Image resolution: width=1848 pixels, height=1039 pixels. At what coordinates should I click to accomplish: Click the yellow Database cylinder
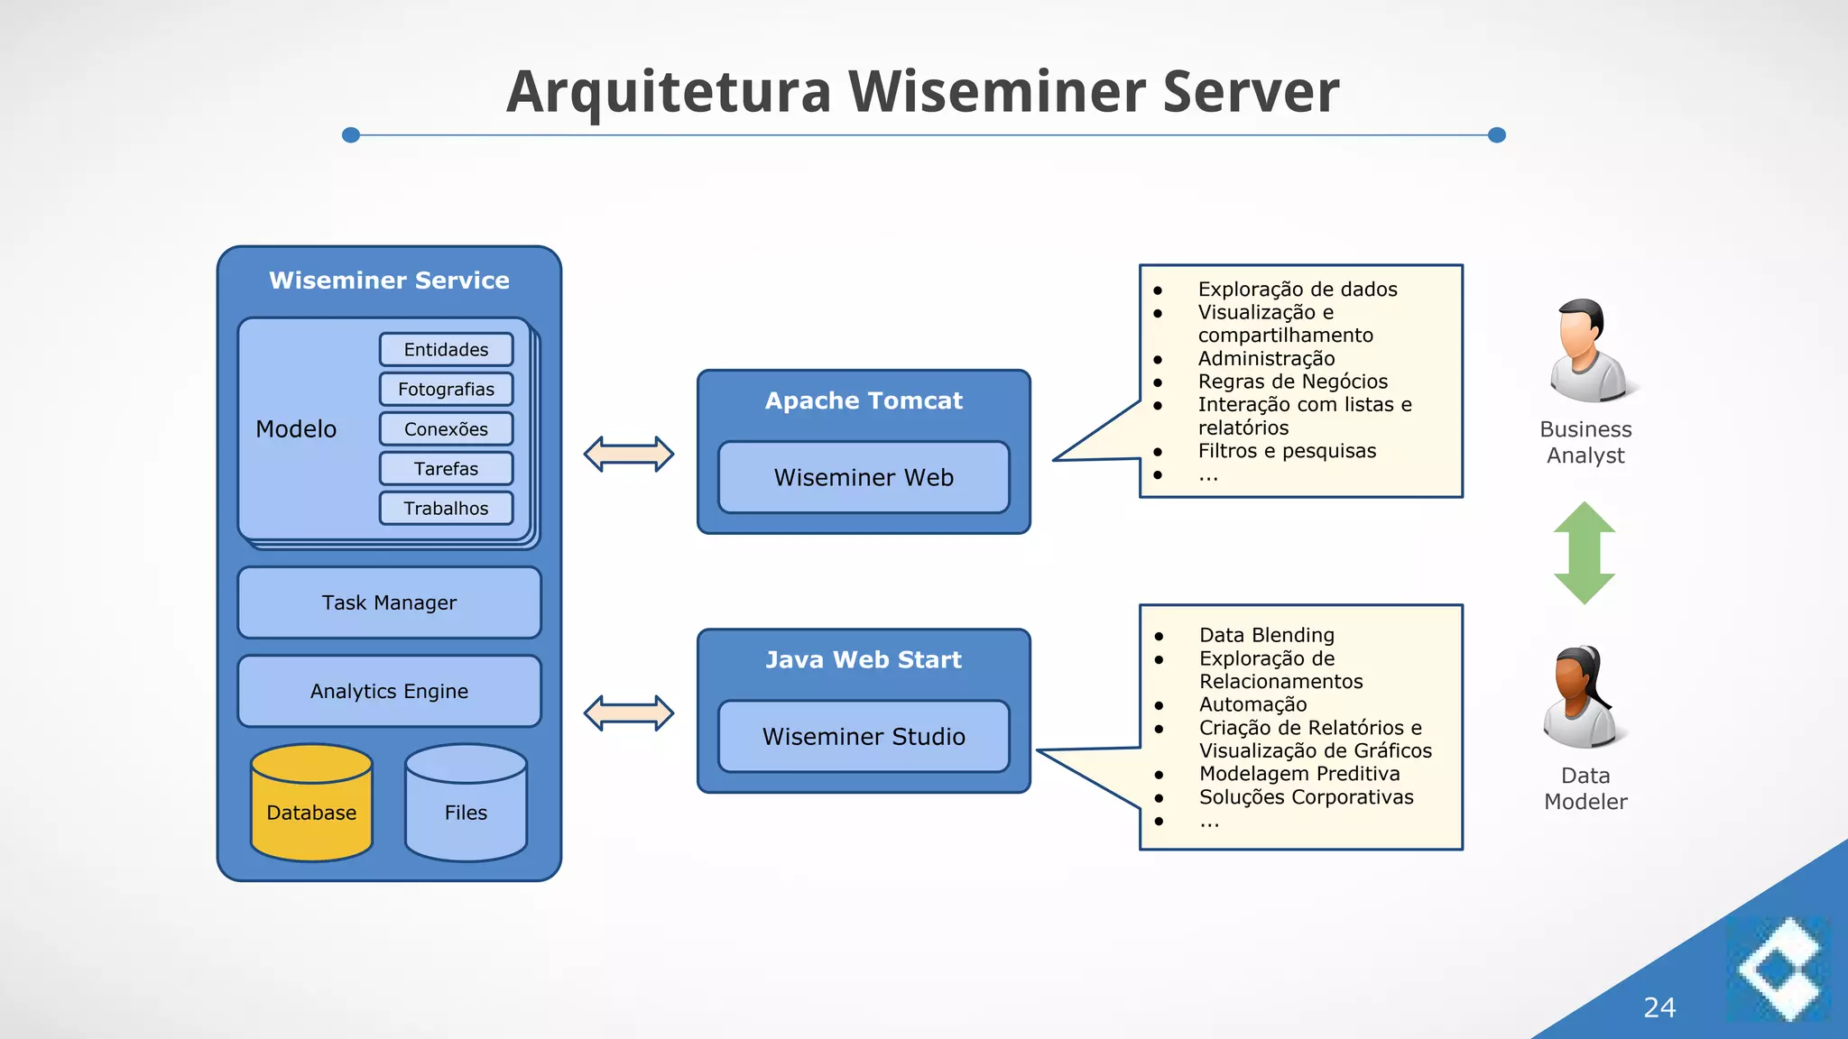click(311, 805)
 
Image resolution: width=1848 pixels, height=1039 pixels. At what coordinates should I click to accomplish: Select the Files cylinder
click(466, 805)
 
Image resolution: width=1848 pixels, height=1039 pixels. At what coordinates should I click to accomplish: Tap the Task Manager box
click(389, 602)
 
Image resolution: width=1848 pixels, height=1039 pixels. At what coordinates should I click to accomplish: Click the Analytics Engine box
click(389, 691)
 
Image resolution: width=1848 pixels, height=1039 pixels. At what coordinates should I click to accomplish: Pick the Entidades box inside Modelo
click(446, 349)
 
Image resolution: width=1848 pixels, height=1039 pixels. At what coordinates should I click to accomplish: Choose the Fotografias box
click(446, 389)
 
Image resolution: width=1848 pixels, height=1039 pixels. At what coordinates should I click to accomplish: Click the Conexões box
click(446, 428)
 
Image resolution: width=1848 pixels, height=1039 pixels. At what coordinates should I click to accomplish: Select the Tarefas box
click(446, 468)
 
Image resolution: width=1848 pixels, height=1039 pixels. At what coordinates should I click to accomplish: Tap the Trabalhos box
click(446, 508)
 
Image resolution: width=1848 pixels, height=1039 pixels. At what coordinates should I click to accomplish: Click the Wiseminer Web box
click(864, 477)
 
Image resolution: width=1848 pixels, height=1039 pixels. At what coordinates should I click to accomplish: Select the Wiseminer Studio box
click(864, 736)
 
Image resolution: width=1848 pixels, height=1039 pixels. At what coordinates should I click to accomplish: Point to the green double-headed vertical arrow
click(1585, 553)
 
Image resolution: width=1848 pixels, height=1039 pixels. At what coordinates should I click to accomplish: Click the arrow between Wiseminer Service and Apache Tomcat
click(629, 454)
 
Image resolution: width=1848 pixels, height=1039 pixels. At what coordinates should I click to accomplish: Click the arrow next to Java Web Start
click(629, 713)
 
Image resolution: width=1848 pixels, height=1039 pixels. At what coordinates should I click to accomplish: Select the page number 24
click(1659, 1007)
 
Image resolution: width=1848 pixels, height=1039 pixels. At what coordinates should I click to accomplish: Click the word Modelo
click(296, 428)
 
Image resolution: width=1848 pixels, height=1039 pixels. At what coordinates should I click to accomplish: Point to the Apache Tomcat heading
click(864, 400)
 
